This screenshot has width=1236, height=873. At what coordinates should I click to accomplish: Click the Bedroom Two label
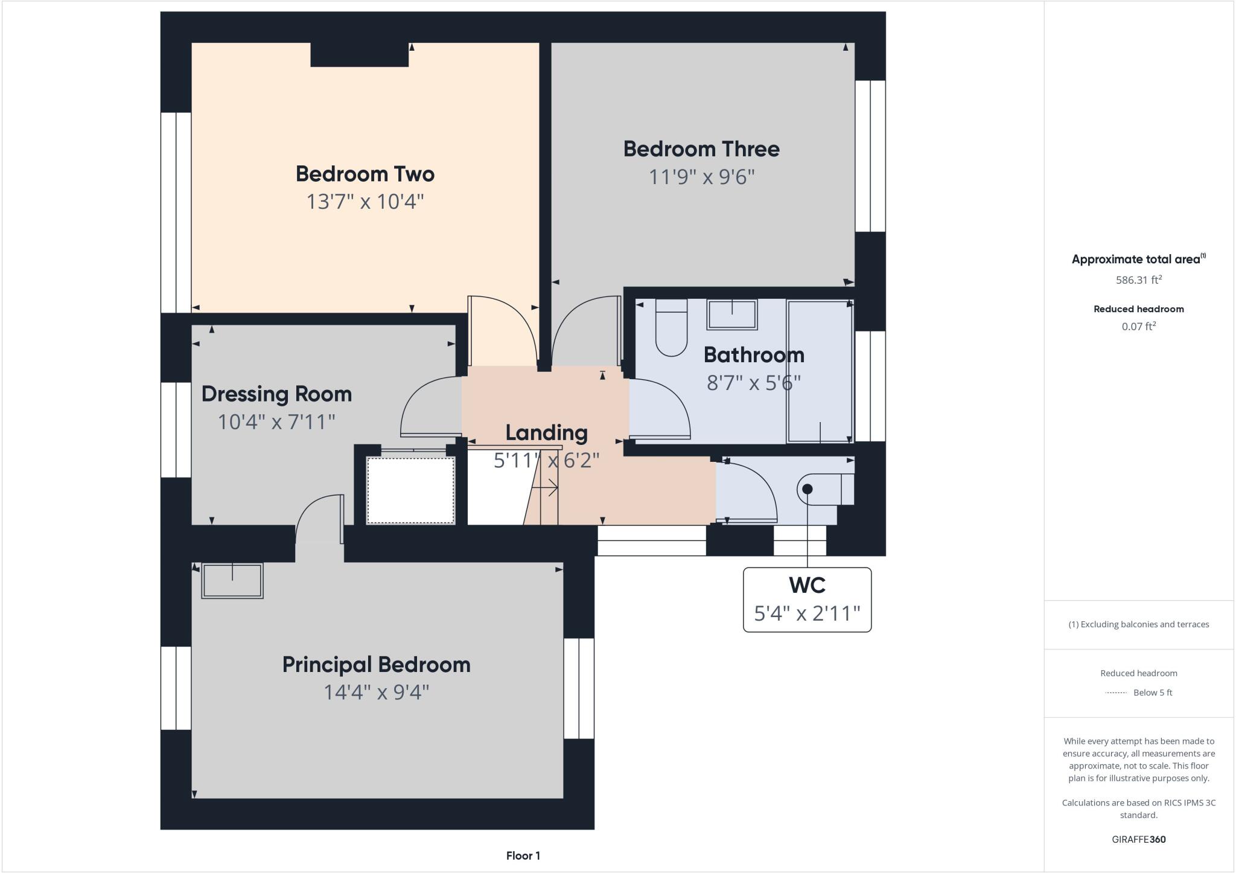365,174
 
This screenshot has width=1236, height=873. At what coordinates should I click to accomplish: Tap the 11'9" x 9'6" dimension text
701,177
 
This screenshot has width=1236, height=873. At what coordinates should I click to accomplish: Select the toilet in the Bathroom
671,329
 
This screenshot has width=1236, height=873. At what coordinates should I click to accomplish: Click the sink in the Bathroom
732,315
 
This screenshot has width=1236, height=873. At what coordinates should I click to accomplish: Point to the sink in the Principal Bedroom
232,581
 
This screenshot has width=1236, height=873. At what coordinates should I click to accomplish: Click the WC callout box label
807,586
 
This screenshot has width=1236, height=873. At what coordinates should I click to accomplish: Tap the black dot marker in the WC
808,489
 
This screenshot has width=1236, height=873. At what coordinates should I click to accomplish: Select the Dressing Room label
276,394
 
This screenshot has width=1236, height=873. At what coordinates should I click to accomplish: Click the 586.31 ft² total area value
1138,280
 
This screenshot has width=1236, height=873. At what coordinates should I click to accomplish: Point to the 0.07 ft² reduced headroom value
1138,327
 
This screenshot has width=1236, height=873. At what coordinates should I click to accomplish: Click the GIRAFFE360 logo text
1138,839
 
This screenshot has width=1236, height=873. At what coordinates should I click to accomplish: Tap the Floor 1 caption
523,855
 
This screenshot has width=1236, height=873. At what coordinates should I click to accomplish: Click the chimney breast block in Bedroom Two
359,55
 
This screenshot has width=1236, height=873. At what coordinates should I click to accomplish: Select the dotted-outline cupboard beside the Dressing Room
410,490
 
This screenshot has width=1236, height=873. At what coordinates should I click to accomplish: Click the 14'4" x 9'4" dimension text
376,692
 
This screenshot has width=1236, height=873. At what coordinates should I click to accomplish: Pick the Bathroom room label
754,355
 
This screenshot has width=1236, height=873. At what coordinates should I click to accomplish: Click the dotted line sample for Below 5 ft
1116,693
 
